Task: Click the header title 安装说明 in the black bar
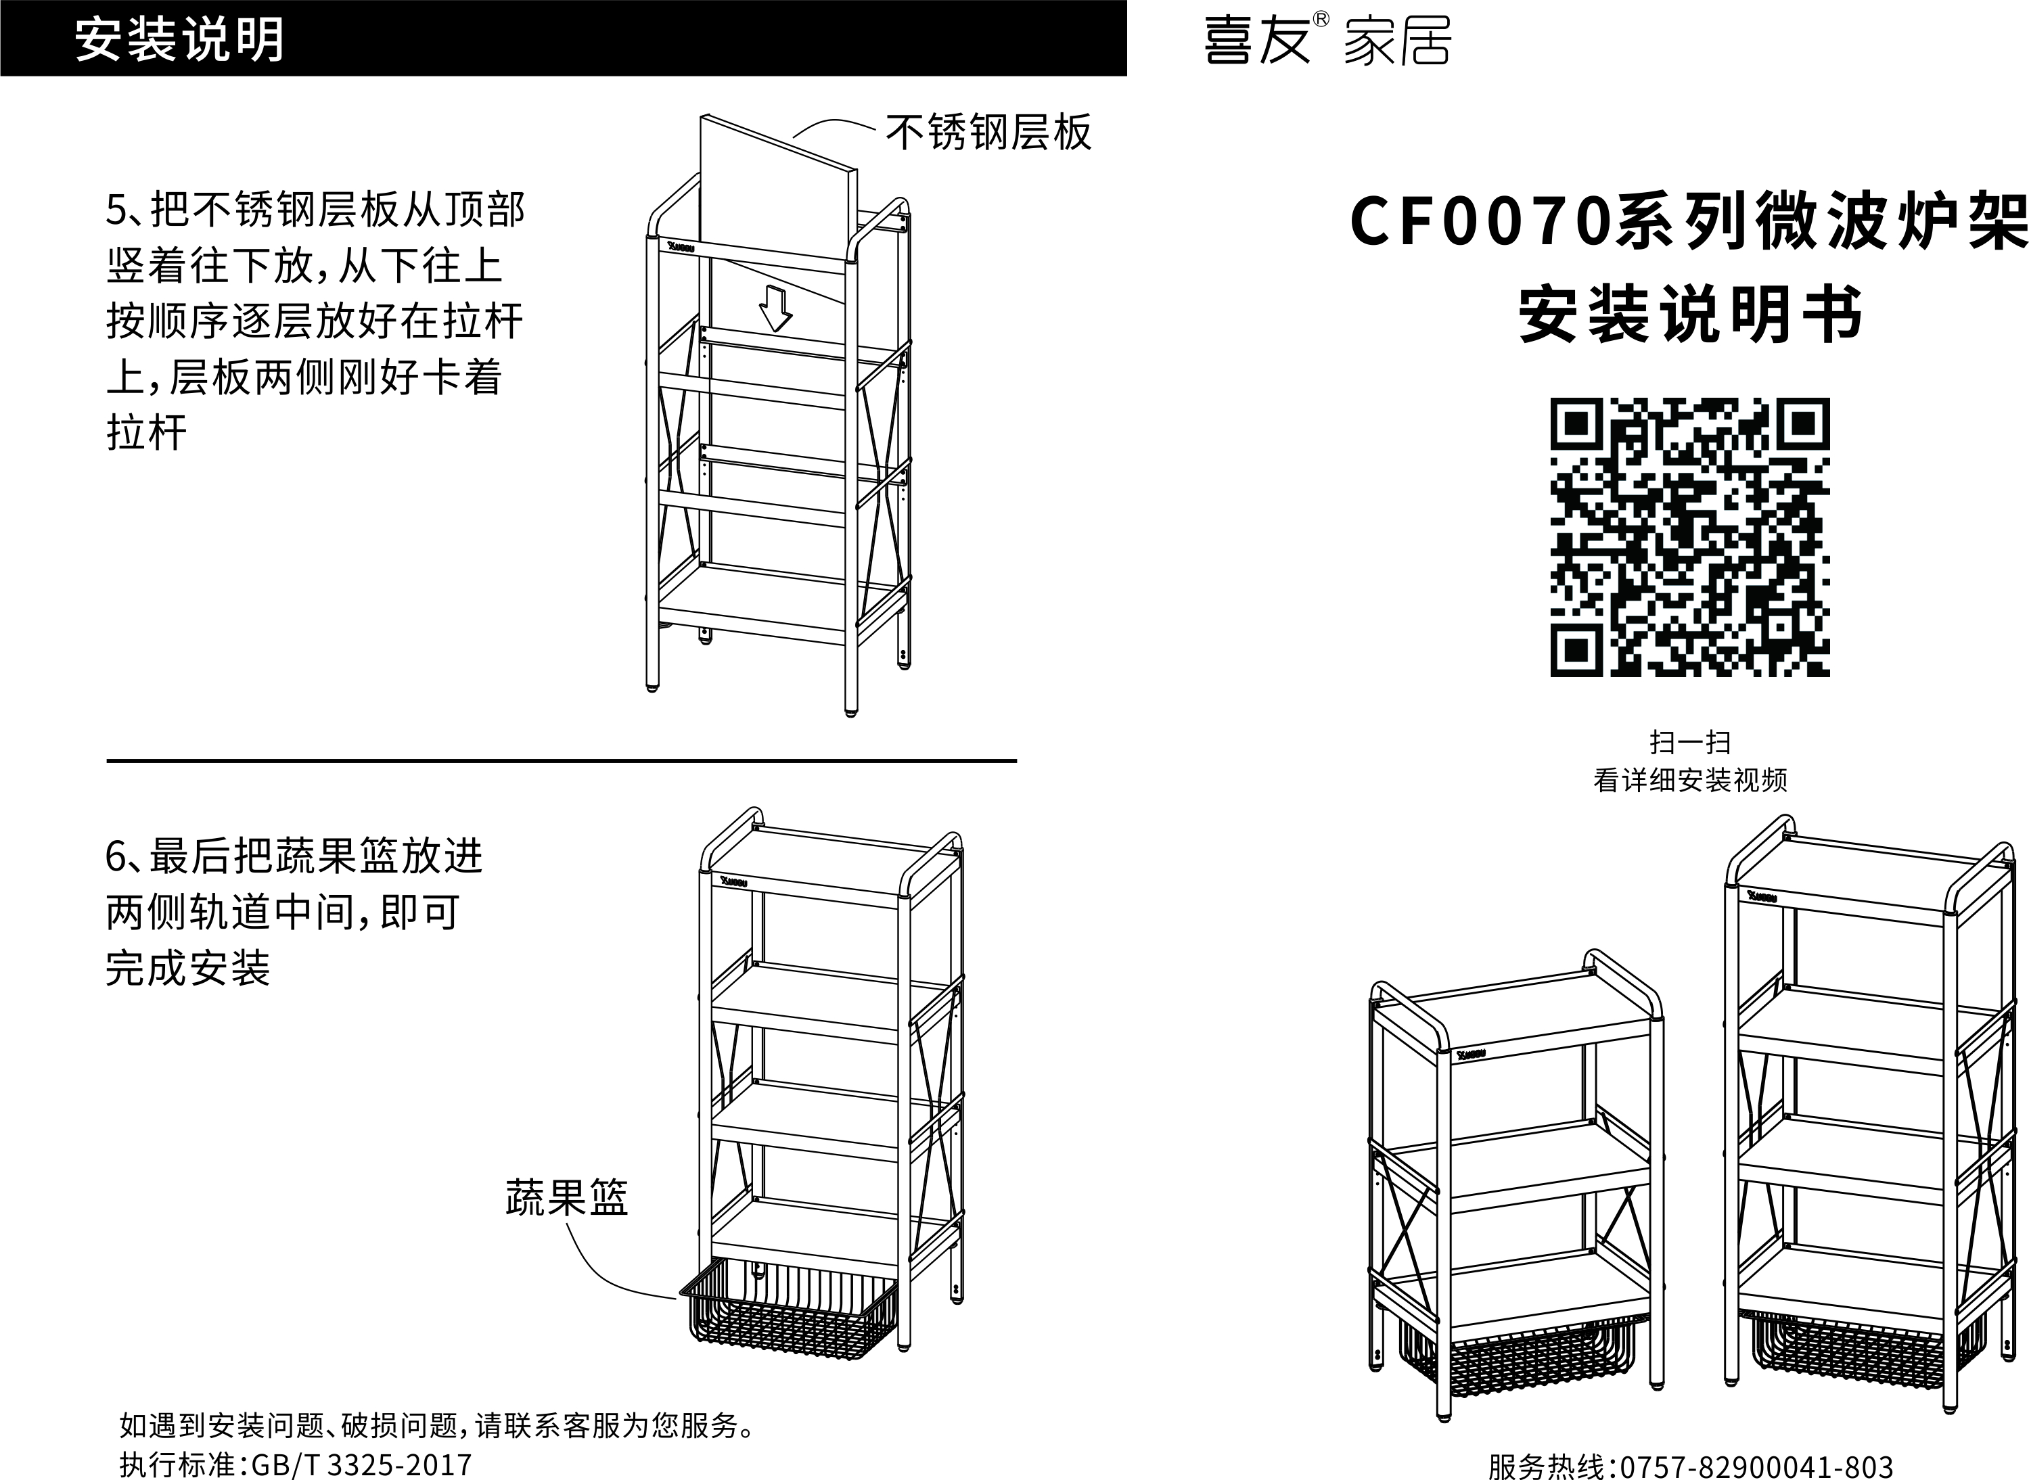coord(179,39)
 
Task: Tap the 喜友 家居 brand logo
coord(1327,41)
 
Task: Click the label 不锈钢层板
coord(988,133)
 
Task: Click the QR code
coord(1689,538)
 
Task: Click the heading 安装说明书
coord(1691,315)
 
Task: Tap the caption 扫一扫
coord(1689,742)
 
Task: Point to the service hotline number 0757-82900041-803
coord(1756,1466)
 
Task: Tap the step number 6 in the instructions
coord(117,856)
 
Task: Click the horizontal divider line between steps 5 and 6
coord(561,760)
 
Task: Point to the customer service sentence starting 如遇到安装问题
coord(439,1425)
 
